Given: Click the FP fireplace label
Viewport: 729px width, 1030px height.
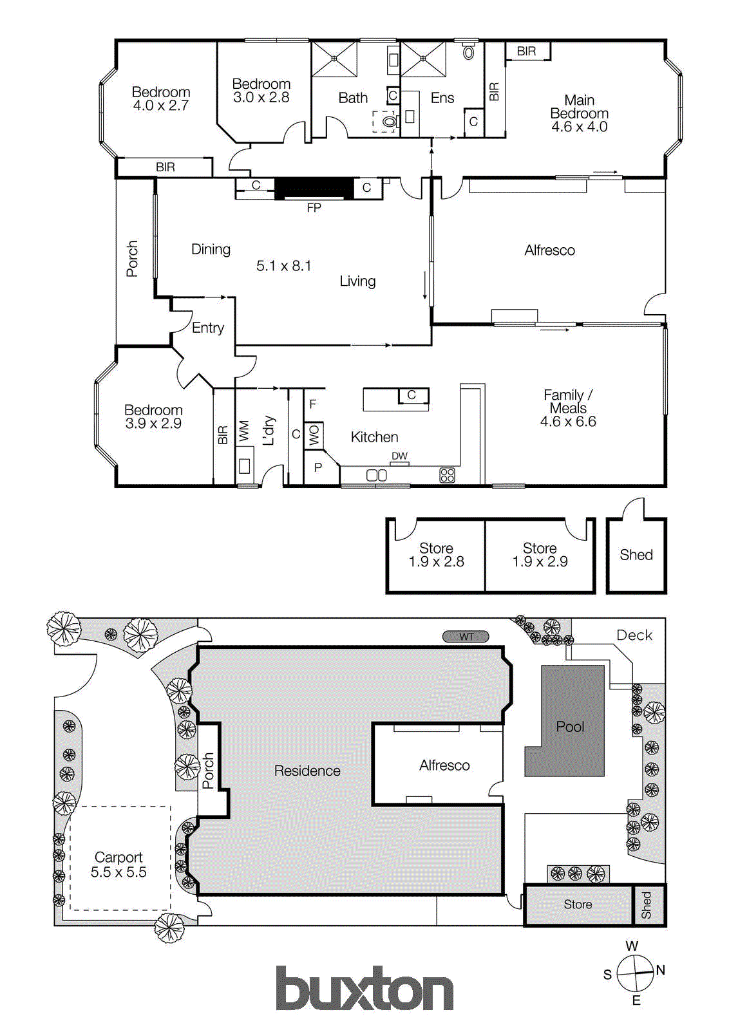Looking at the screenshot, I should pos(314,208).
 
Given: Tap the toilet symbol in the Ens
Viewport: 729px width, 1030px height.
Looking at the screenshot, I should pos(469,51).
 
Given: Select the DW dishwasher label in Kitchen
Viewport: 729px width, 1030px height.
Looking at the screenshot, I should pos(399,456).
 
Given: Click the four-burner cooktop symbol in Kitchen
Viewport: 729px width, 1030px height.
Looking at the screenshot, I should pos(447,476).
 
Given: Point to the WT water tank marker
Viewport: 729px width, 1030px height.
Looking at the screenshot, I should pos(466,637).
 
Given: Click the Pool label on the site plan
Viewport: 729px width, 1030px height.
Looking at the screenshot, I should pos(570,727).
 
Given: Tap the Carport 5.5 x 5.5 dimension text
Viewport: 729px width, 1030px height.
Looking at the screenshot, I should pos(118,872).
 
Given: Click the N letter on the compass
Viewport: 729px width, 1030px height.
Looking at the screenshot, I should pos(660,970).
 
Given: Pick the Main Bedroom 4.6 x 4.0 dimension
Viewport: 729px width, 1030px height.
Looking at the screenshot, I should pos(579,127).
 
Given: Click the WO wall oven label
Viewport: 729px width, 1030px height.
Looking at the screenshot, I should pos(314,435).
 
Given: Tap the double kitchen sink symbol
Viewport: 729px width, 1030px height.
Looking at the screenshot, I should pos(377,475).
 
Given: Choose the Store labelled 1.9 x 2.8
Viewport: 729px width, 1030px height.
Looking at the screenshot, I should pos(436,555).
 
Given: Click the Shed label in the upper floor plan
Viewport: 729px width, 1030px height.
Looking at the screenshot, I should pos(636,555).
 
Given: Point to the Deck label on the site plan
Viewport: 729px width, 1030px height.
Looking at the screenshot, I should pos(634,635).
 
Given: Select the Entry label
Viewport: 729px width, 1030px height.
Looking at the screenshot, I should pos(208,328).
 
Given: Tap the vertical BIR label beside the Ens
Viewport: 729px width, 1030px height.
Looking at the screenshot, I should pos(494,91).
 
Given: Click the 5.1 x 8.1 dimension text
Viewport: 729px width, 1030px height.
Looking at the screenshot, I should pos(283,266).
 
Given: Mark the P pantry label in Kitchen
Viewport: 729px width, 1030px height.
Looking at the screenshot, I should pos(317,468).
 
